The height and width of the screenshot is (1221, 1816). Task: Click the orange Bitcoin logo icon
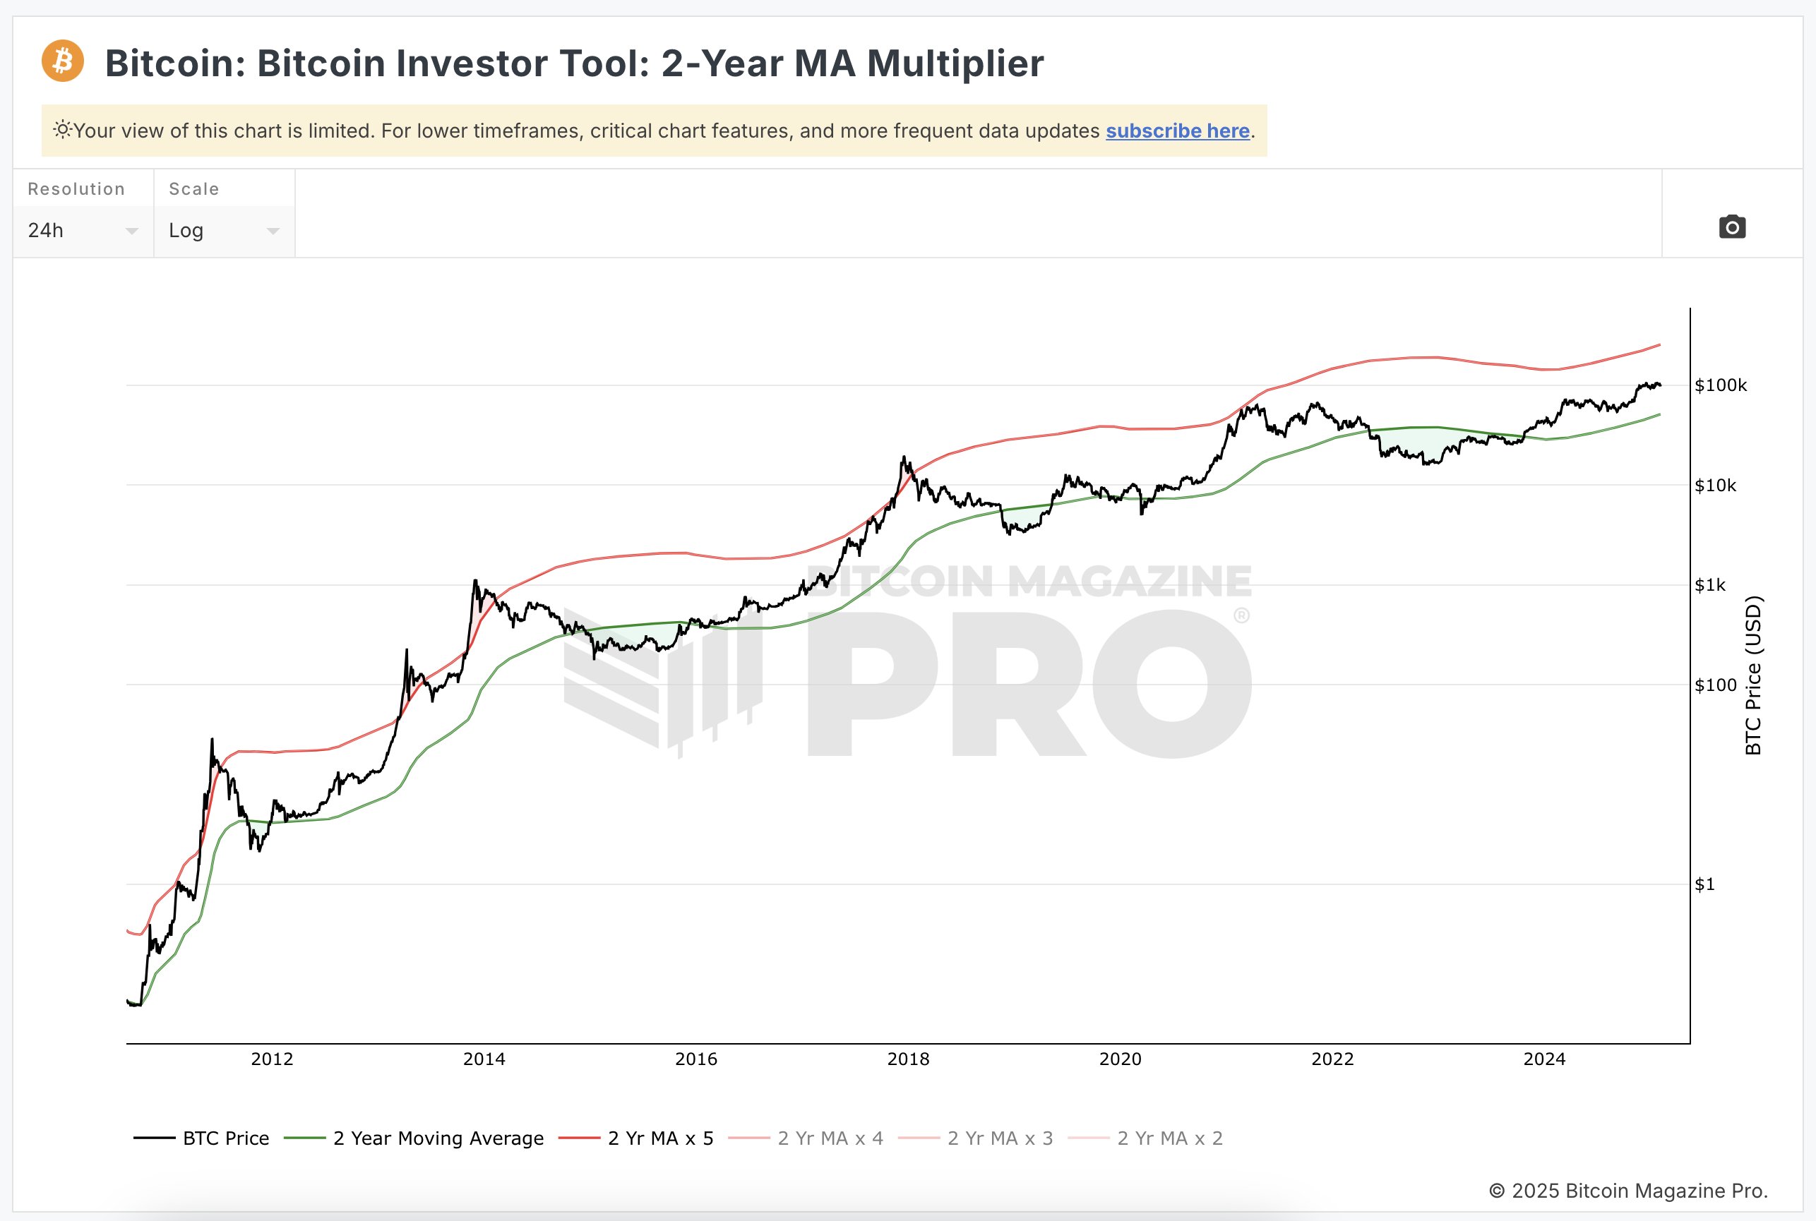(62, 61)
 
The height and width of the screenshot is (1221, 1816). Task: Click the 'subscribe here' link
(1177, 131)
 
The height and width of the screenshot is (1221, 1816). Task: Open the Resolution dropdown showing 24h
(83, 231)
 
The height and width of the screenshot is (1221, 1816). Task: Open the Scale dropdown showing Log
(224, 231)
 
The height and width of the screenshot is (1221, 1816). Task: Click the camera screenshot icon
(1732, 227)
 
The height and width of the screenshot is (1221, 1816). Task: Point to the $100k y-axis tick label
(1720, 385)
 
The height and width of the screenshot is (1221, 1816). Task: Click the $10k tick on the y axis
(1715, 486)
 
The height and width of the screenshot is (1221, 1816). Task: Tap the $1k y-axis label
(1709, 586)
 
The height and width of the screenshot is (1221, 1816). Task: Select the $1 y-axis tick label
(1704, 884)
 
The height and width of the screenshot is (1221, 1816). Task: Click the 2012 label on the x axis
(272, 1059)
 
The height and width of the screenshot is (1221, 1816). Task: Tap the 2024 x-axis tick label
(1544, 1059)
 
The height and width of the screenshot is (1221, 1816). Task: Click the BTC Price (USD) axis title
(1753, 675)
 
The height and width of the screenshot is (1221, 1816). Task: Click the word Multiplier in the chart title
(955, 63)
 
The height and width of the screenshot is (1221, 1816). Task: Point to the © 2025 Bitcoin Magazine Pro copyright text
(1628, 1191)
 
